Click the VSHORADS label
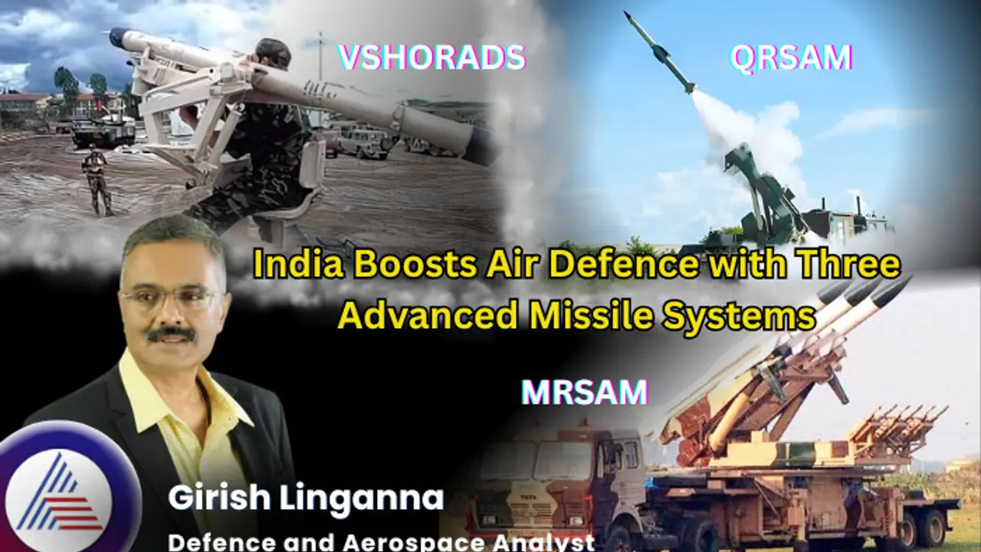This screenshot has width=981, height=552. point(431,58)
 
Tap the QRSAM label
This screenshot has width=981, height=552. point(791,58)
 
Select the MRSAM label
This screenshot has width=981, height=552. point(584,392)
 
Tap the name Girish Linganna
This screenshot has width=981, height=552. point(306,498)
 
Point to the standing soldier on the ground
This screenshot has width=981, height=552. point(97,180)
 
